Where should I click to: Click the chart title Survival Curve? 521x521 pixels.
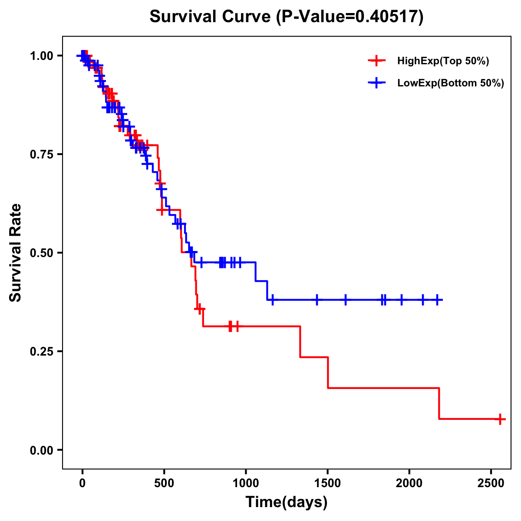[x=211, y=17]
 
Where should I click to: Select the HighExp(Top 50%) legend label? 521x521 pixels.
[x=443, y=61]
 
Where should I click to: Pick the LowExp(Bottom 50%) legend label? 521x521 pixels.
[x=451, y=83]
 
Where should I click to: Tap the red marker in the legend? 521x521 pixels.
[x=376, y=61]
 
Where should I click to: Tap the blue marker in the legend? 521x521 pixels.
[x=376, y=83]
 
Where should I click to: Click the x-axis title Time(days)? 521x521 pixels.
[x=287, y=502]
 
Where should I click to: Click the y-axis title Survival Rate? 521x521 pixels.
[x=16, y=253]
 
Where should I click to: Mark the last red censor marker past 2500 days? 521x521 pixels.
[x=500, y=419]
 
